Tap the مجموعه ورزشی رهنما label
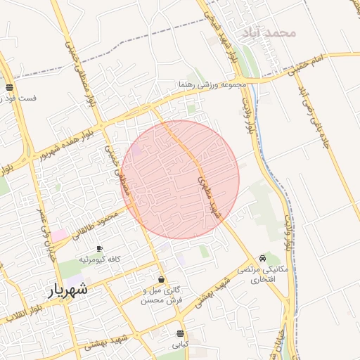[213, 85]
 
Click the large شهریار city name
[68, 289]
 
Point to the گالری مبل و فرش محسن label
[161, 295]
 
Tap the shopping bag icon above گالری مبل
[161, 279]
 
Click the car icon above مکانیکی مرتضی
[262, 258]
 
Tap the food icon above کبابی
[181, 333]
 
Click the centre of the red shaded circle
[181, 179]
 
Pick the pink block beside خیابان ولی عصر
[58, 235]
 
